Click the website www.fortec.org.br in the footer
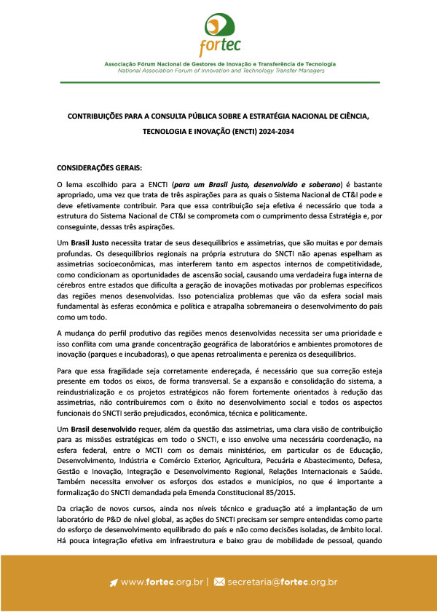click(x=162, y=582)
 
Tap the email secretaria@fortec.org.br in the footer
click(x=282, y=582)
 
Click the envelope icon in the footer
click(x=219, y=582)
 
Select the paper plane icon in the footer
click(x=114, y=582)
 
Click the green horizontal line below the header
click(x=219, y=83)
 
